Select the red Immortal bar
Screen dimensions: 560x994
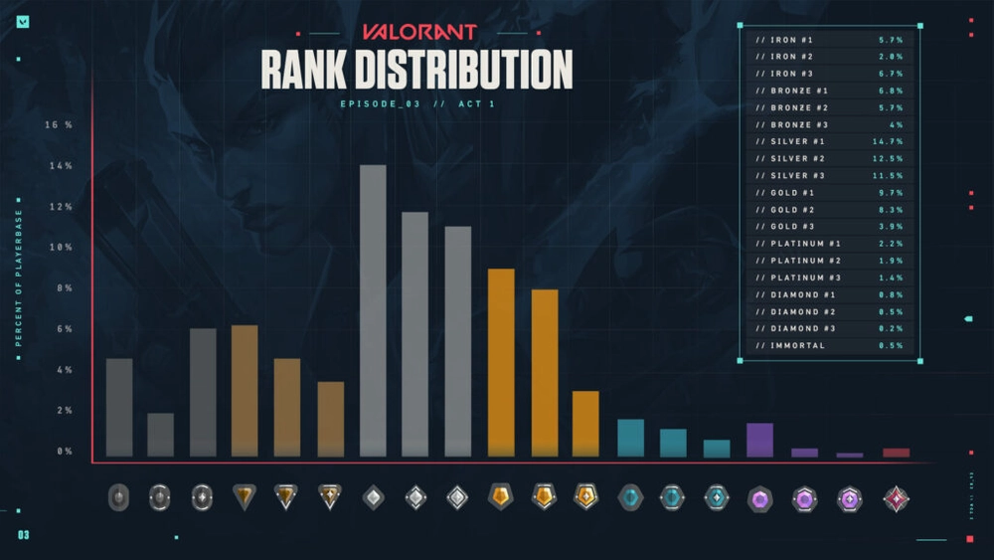[x=896, y=453]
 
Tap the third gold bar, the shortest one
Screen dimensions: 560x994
[x=585, y=424]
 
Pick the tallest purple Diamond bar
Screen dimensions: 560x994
[x=759, y=440]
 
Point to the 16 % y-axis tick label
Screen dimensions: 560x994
[x=59, y=125]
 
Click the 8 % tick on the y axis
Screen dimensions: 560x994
[x=61, y=288]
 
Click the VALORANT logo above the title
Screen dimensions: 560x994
[x=418, y=32]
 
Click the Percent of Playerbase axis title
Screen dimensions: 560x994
[x=18, y=277]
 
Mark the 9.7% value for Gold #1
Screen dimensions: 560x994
[x=891, y=193]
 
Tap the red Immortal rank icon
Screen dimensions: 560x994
[x=897, y=497]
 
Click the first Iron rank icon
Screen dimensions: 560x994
[x=118, y=497]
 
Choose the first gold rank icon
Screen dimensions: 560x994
[x=501, y=496]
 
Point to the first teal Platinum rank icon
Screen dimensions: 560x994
[x=630, y=497]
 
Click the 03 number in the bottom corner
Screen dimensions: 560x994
[x=23, y=536]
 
